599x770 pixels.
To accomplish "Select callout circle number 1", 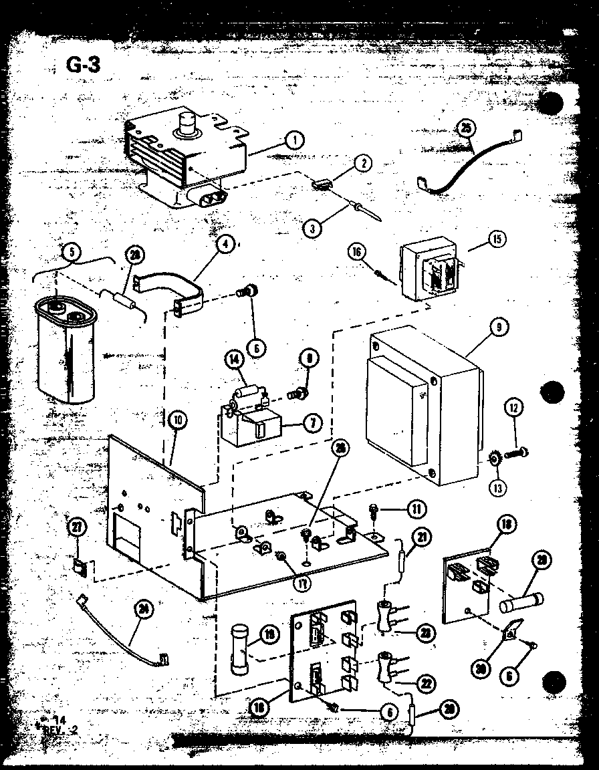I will [293, 140].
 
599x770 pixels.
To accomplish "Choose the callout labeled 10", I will [178, 420].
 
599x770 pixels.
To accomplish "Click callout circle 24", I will [141, 608].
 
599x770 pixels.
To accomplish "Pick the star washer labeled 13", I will [495, 459].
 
